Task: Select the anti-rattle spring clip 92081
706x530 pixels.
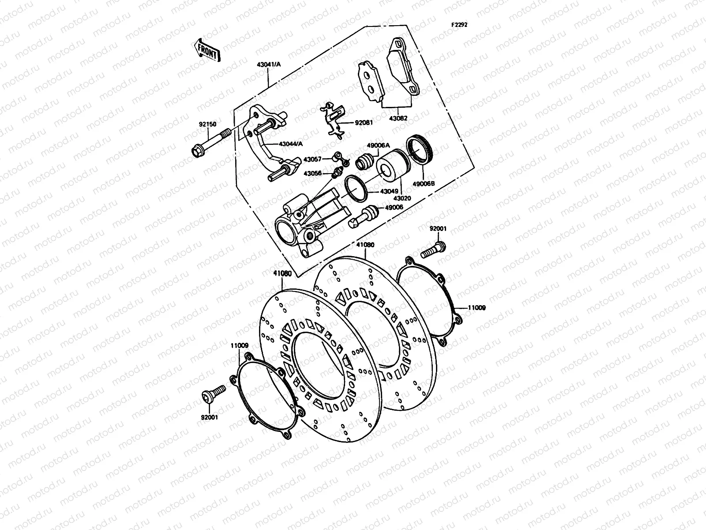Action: point(333,120)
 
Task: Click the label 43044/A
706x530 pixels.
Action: point(291,144)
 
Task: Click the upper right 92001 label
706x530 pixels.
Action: point(438,228)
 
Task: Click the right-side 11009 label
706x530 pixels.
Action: point(477,308)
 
